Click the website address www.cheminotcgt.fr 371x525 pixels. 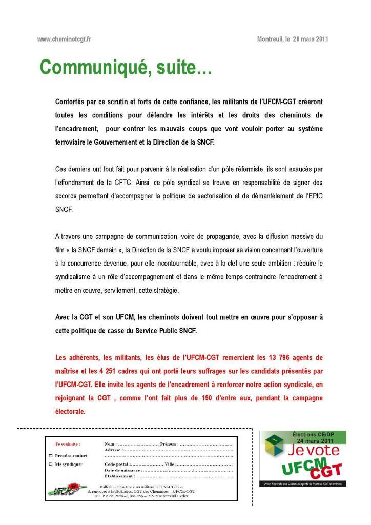pos(64,39)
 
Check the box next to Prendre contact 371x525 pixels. pos(50,455)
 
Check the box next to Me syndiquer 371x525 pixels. pos(50,464)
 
